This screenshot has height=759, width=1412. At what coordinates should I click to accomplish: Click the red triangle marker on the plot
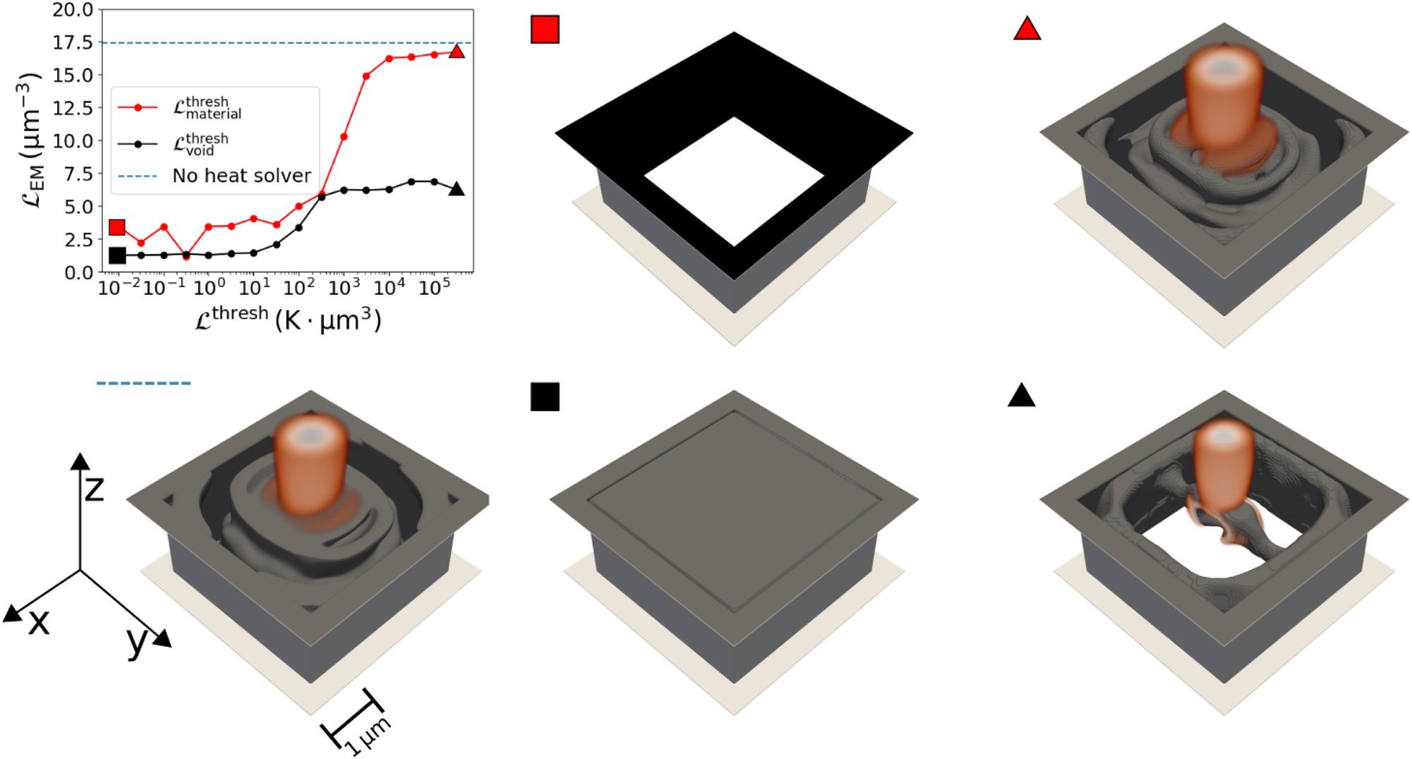pyautogui.click(x=457, y=51)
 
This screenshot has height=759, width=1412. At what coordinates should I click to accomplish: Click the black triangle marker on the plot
pyautogui.click(x=457, y=189)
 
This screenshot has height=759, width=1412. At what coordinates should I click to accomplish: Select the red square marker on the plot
pyautogui.click(x=117, y=227)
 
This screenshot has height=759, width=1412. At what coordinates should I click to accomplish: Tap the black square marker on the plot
pyautogui.click(x=117, y=255)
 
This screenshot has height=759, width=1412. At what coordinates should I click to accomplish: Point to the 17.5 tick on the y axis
pyautogui.click(x=73, y=43)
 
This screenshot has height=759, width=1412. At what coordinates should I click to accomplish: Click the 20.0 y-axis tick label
pyautogui.click(x=73, y=10)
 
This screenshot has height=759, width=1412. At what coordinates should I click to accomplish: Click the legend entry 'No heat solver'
pyautogui.click(x=241, y=176)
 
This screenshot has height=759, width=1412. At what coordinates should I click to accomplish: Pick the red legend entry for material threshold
pyautogui.click(x=207, y=108)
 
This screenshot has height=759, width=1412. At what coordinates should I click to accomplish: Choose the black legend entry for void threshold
pyautogui.click(x=200, y=145)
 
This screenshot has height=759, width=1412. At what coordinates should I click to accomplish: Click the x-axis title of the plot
pyautogui.click(x=288, y=320)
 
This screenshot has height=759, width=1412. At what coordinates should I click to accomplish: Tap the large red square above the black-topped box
pyautogui.click(x=545, y=30)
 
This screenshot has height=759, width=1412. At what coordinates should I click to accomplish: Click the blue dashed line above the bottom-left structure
pyautogui.click(x=143, y=383)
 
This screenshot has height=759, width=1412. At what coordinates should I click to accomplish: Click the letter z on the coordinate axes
pyautogui.click(x=94, y=488)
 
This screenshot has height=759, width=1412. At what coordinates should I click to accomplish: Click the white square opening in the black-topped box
pyautogui.click(x=734, y=181)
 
